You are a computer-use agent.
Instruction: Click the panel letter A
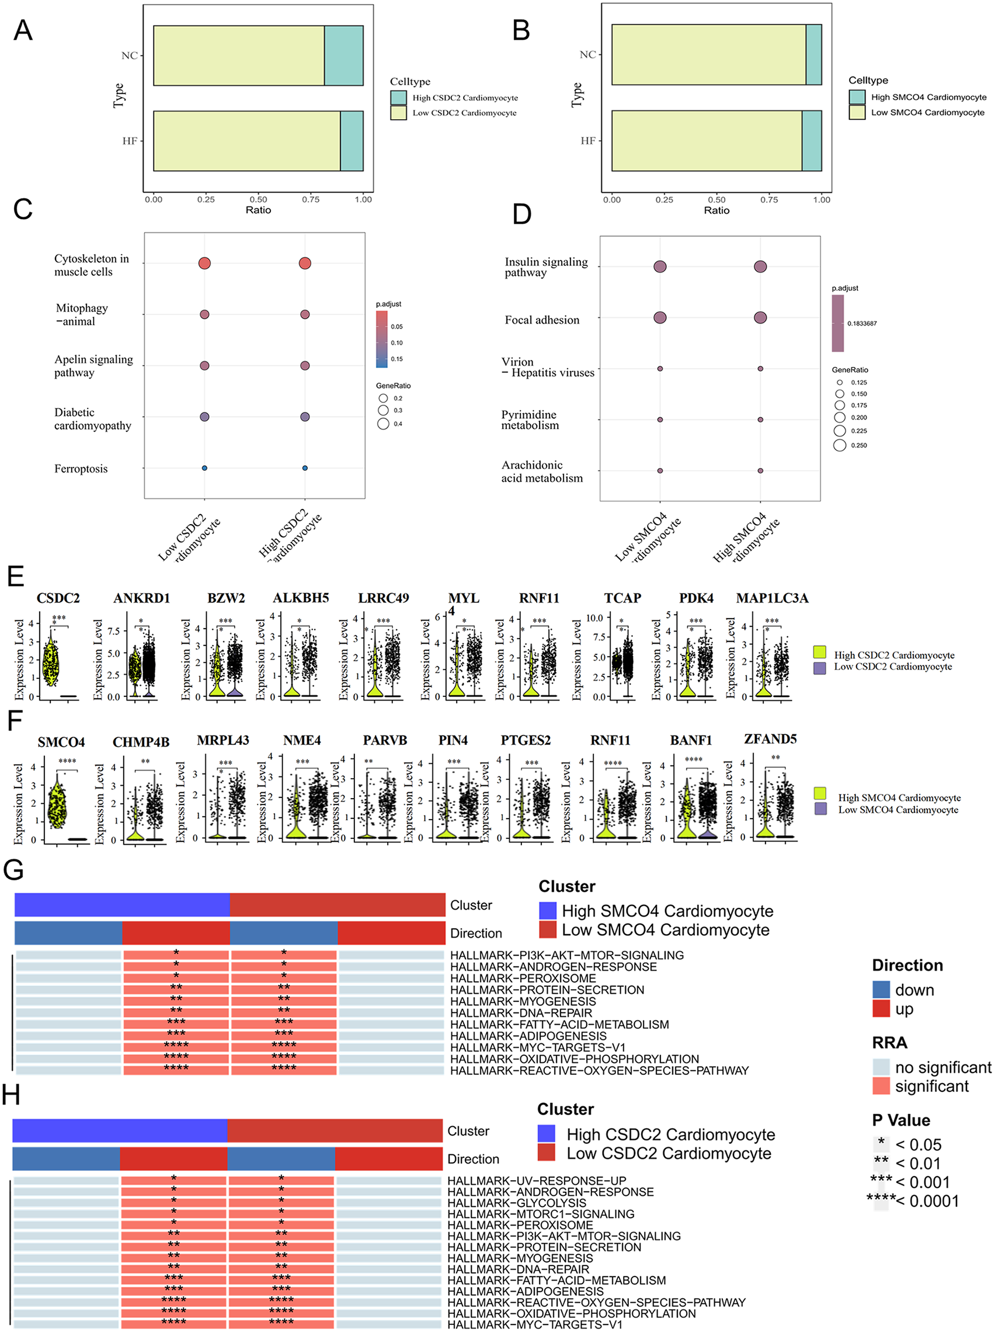(23, 30)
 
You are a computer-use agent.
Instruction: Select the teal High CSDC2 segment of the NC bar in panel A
(343, 56)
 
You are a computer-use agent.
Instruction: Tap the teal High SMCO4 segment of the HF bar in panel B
(811, 141)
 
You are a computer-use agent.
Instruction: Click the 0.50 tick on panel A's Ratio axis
(258, 199)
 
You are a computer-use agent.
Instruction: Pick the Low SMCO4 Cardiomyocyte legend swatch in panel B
(857, 113)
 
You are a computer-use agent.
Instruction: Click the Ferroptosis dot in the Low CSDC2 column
(204, 468)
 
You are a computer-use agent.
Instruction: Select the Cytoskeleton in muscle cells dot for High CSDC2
(305, 263)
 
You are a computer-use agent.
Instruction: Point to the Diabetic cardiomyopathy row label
(92, 418)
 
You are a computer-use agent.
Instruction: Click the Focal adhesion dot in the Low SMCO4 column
(660, 317)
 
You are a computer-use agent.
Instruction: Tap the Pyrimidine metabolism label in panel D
(530, 419)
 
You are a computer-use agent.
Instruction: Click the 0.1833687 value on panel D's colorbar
(861, 324)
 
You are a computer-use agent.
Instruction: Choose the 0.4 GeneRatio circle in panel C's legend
(383, 424)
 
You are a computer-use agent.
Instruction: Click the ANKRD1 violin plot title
(141, 598)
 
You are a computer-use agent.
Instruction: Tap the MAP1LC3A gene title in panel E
(772, 598)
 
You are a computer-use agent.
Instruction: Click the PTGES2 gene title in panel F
(525, 740)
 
